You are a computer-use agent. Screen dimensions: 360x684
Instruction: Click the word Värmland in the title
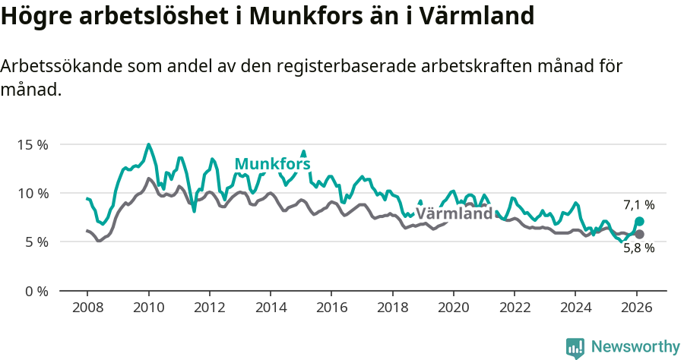click(x=470, y=16)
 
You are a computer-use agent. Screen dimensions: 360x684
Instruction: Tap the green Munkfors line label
click(x=272, y=164)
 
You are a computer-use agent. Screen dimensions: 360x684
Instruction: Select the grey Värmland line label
click(x=454, y=214)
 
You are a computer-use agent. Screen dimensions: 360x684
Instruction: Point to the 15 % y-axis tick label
click(x=33, y=144)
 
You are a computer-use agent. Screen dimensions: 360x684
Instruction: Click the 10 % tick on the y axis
click(x=33, y=193)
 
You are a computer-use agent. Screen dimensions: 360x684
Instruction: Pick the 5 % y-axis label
click(x=36, y=242)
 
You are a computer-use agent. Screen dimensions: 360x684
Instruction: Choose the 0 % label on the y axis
click(x=36, y=291)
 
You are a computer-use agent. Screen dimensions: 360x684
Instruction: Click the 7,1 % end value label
click(x=638, y=205)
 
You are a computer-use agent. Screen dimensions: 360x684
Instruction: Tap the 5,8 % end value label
click(x=638, y=248)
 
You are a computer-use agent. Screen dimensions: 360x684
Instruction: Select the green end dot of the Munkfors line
click(x=639, y=222)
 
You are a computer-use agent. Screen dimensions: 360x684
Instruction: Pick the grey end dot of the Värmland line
click(x=639, y=234)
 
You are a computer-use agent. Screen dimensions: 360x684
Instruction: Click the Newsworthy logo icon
click(x=575, y=348)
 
